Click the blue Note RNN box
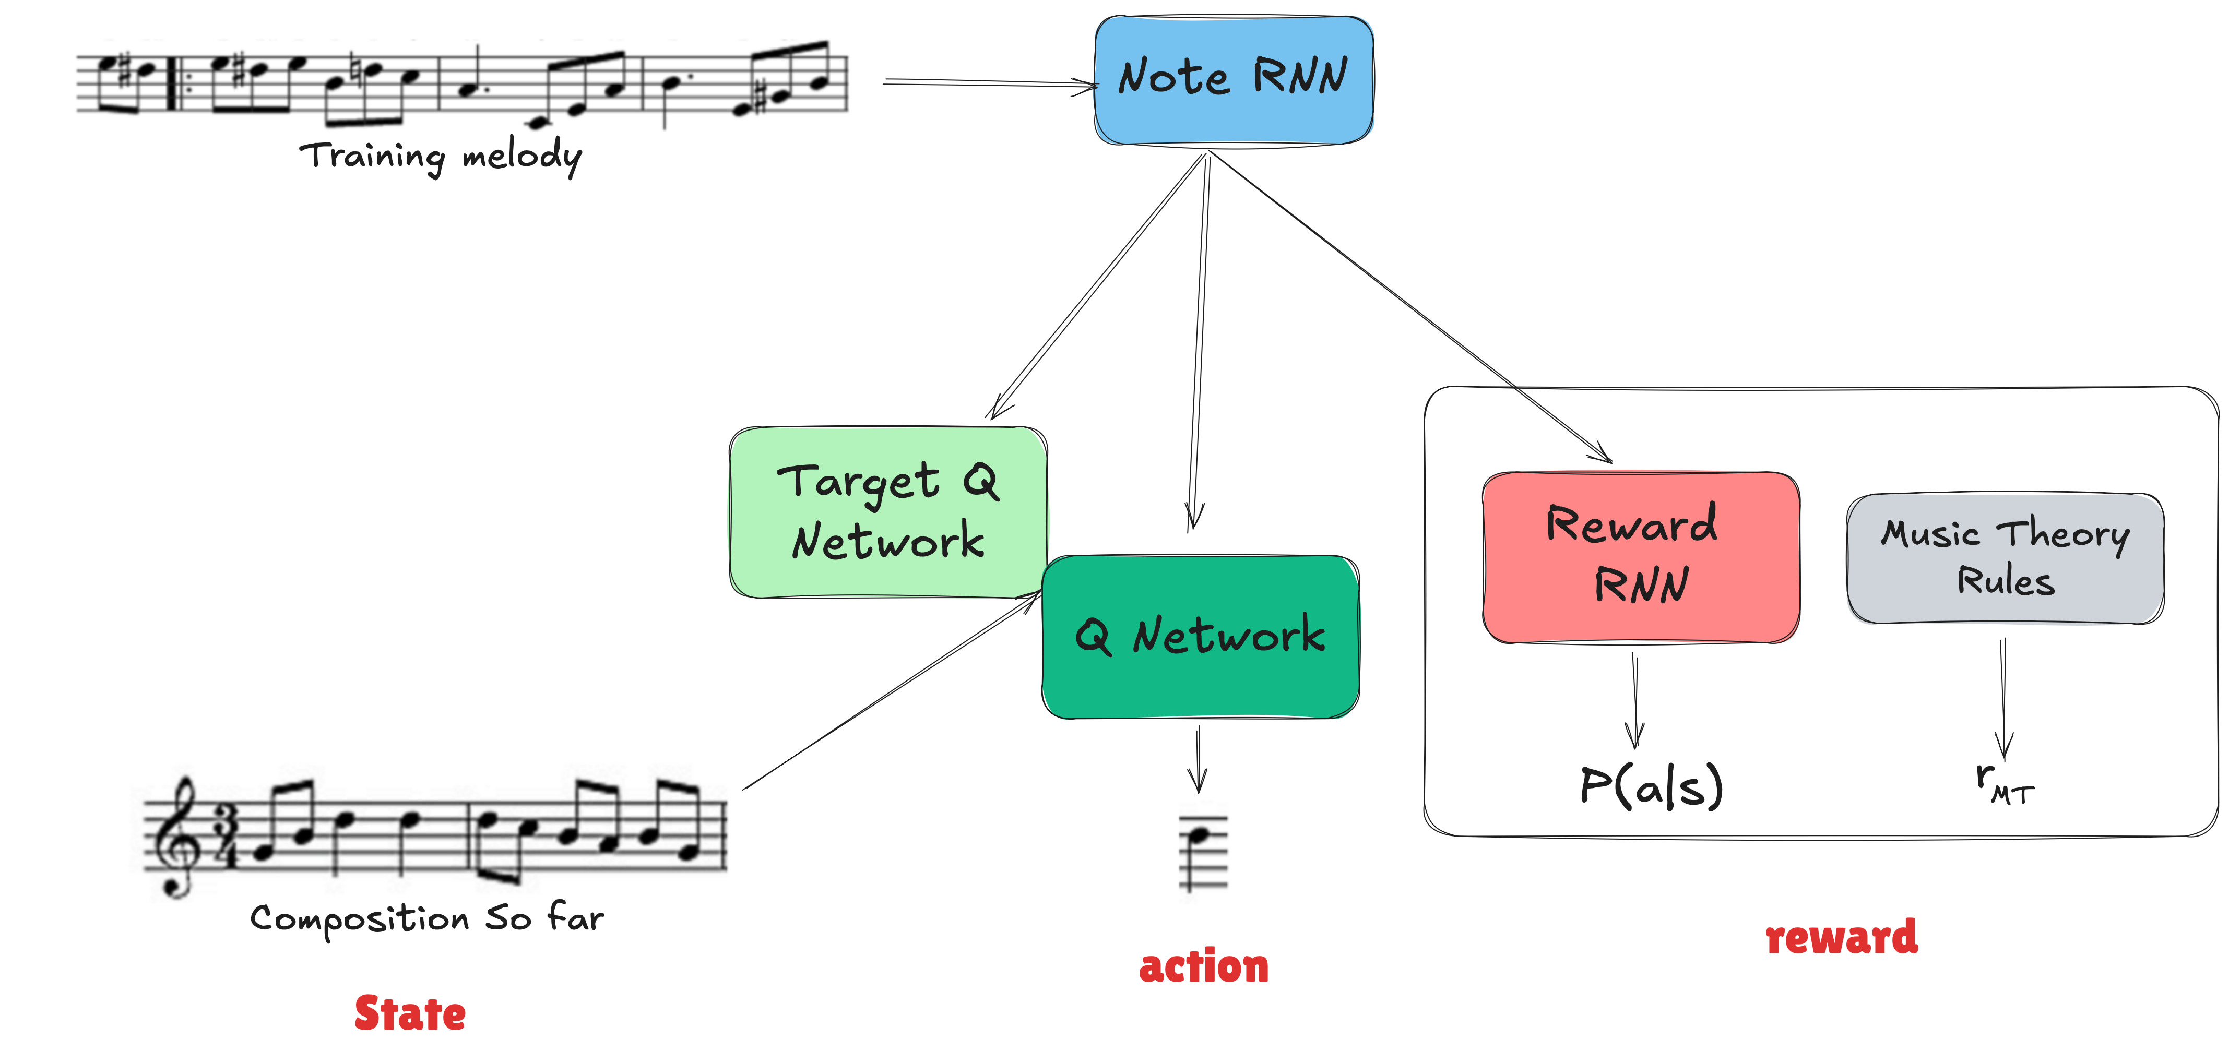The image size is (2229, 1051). pyautogui.click(x=1233, y=80)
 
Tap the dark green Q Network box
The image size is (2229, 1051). pyautogui.click(x=1200, y=637)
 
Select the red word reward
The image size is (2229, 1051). pyautogui.click(x=1841, y=937)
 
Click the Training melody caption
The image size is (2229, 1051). pyautogui.click(x=441, y=157)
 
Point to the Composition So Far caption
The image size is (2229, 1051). pyautogui.click(x=426, y=918)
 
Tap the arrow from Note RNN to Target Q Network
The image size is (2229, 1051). pyautogui.click(x=1097, y=285)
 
